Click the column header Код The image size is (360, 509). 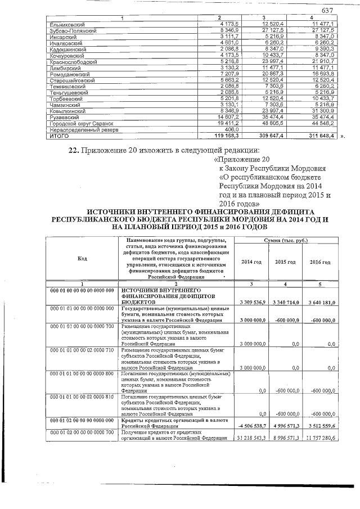click(x=82, y=258)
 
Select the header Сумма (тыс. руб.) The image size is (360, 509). click(x=286, y=240)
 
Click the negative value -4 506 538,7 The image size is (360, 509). click(x=250, y=426)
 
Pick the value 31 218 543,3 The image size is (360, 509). click(x=250, y=438)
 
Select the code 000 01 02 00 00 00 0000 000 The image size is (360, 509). click(x=82, y=420)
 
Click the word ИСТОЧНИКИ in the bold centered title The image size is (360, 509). click(x=119, y=208)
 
